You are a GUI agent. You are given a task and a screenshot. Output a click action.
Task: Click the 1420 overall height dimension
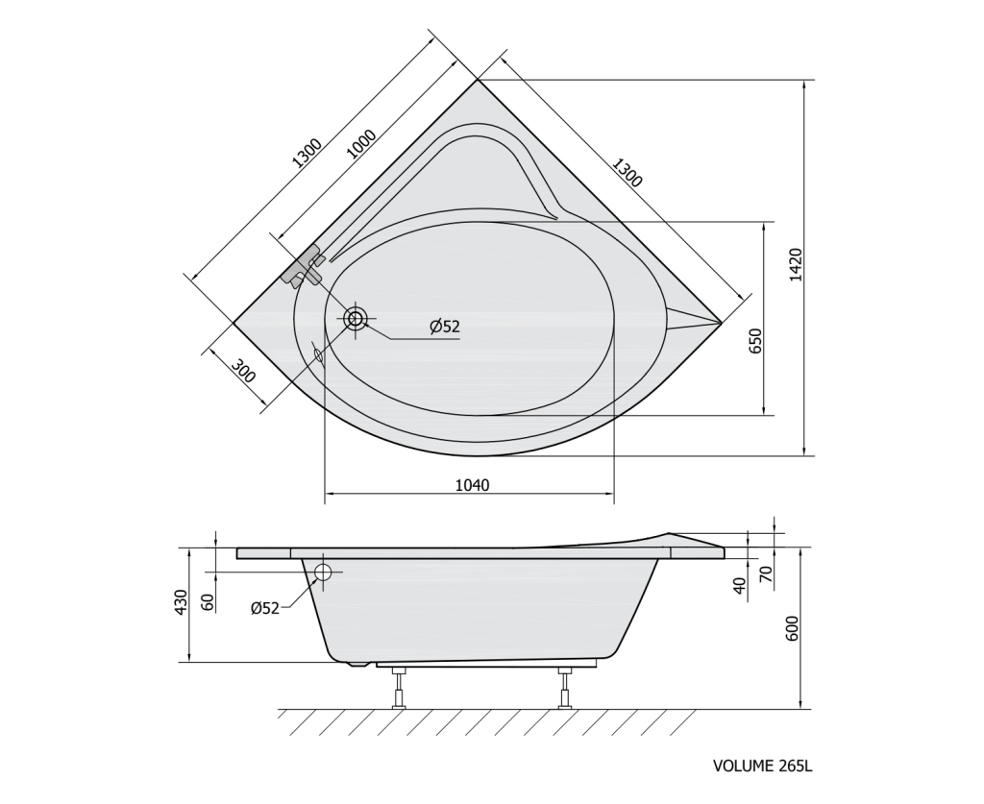click(x=795, y=265)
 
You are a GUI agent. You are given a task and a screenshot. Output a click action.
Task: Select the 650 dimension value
click(x=755, y=341)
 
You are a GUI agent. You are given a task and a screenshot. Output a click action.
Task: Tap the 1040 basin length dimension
click(x=472, y=485)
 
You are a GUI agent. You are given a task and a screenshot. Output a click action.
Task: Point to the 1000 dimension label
click(x=361, y=144)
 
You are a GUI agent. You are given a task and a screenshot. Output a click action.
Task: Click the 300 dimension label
click(x=243, y=371)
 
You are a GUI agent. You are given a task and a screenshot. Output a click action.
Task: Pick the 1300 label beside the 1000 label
click(x=307, y=153)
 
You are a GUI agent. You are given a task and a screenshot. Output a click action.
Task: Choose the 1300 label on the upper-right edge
click(x=627, y=173)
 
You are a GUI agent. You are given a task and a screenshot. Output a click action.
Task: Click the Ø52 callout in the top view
click(x=445, y=327)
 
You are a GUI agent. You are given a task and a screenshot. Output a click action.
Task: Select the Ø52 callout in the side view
click(x=265, y=608)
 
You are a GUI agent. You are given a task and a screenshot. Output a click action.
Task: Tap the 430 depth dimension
click(x=181, y=602)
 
